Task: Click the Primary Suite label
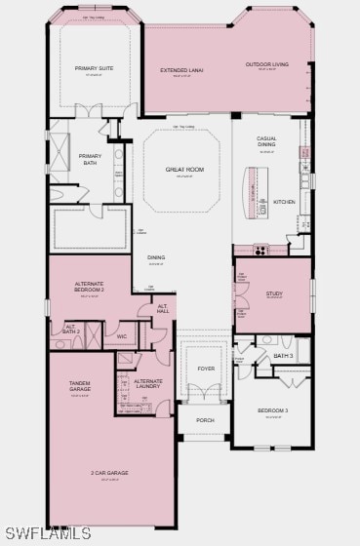94,68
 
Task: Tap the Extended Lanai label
180,70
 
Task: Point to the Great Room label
183,169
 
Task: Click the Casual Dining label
266,141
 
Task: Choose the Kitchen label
284,201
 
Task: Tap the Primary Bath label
91,159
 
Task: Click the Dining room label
156,257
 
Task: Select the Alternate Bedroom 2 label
90,288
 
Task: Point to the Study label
274,292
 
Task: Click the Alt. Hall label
163,309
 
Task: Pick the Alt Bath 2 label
72,330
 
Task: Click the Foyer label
206,369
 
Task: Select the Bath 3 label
283,356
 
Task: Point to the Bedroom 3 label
273,410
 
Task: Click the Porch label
205,420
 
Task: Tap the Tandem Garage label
80,386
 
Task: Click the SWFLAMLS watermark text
48,533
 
